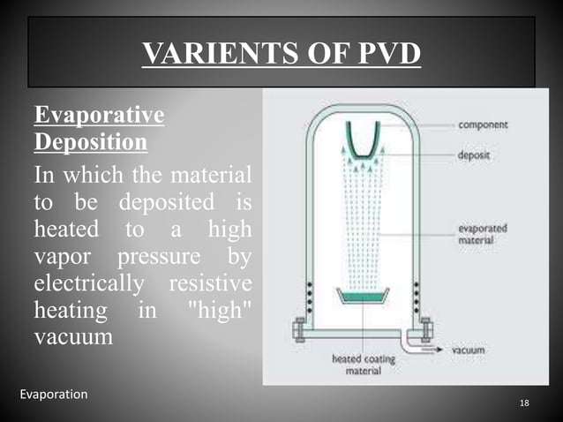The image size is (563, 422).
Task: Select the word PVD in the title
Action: tap(382, 56)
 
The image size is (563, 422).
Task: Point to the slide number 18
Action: tap(524, 403)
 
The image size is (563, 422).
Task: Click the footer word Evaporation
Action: tap(54, 395)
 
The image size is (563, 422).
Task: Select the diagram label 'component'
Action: tap(483, 124)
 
